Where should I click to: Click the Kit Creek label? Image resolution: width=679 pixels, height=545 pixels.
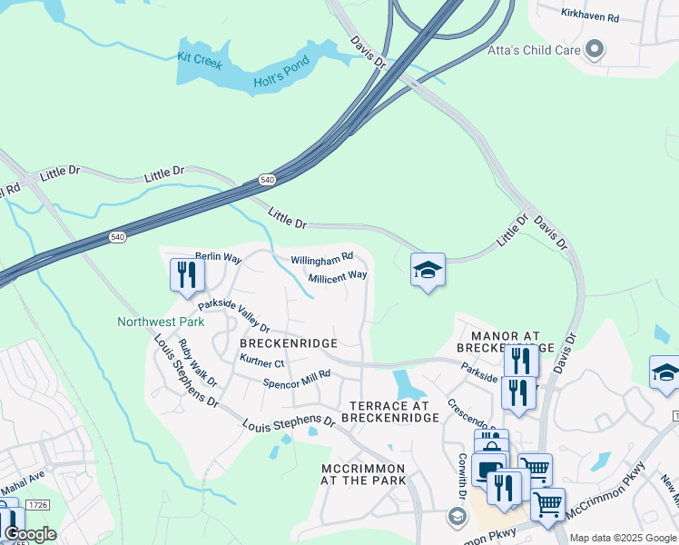[200, 60]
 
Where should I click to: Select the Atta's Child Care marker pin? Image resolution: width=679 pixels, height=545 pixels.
[595, 49]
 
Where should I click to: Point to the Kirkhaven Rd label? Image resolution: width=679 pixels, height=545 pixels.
[589, 17]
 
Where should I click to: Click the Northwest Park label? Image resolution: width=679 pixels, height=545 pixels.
[161, 322]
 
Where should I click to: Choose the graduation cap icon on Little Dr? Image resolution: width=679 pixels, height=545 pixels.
[428, 270]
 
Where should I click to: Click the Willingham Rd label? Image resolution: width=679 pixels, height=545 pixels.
[321, 260]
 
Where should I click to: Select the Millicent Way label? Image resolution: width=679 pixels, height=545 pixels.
[338, 276]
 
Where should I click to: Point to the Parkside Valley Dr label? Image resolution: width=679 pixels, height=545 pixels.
[234, 314]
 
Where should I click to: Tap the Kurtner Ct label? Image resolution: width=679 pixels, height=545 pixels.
[262, 362]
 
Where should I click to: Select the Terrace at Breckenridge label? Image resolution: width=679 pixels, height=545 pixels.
[390, 411]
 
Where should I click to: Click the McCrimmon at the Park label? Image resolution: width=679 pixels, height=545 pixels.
[363, 473]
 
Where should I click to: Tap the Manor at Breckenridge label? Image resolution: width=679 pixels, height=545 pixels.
[505, 341]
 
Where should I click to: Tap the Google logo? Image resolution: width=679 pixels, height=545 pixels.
[29, 534]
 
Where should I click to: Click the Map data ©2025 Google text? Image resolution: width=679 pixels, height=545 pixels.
[623, 538]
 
